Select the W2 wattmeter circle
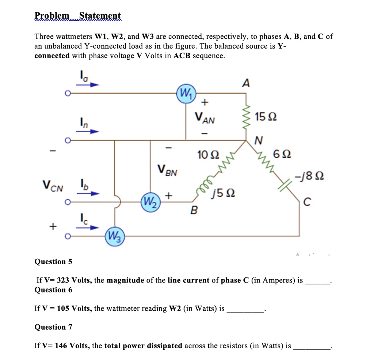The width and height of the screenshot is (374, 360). [150, 201]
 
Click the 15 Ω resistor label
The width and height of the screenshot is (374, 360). [266, 118]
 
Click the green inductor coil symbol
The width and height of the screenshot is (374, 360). [209, 181]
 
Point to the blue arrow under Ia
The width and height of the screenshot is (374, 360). [90, 85]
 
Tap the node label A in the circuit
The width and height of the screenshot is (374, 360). [246, 84]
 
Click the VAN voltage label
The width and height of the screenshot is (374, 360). [205, 118]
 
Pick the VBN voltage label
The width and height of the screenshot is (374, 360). [168, 170]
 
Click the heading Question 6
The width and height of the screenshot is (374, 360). [53, 290]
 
